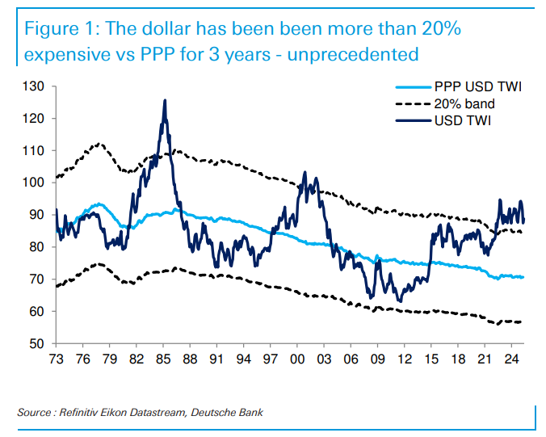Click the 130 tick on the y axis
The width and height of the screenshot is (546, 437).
click(x=36, y=86)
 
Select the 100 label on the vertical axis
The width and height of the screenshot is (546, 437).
click(x=36, y=183)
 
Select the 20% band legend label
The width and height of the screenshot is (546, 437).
click(x=464, y=104)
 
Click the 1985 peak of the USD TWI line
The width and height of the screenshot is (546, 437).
click(x=165, y=101)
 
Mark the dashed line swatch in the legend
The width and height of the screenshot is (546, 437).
click(x=411, y=104)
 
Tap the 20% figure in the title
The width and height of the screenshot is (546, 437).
click(x=441, y=30)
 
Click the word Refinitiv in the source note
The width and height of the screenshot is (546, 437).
click(x=86, y=414)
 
